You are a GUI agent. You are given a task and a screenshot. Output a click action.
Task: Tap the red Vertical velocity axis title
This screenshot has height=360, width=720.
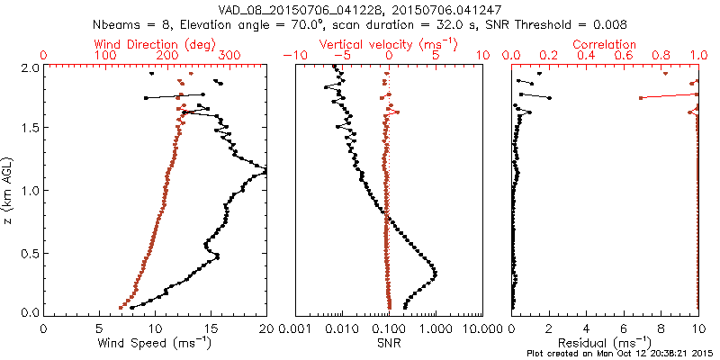(x=388, y=44)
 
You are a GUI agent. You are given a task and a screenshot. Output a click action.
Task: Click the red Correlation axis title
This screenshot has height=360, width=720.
(x=606, y=44)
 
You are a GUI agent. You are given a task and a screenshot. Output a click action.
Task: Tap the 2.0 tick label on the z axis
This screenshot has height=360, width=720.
(x=29, y=67)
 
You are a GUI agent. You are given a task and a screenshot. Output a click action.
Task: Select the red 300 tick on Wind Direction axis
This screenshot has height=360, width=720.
(x=229, y=56)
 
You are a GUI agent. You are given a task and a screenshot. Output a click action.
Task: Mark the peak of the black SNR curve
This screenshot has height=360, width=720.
(x=436, y=273)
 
